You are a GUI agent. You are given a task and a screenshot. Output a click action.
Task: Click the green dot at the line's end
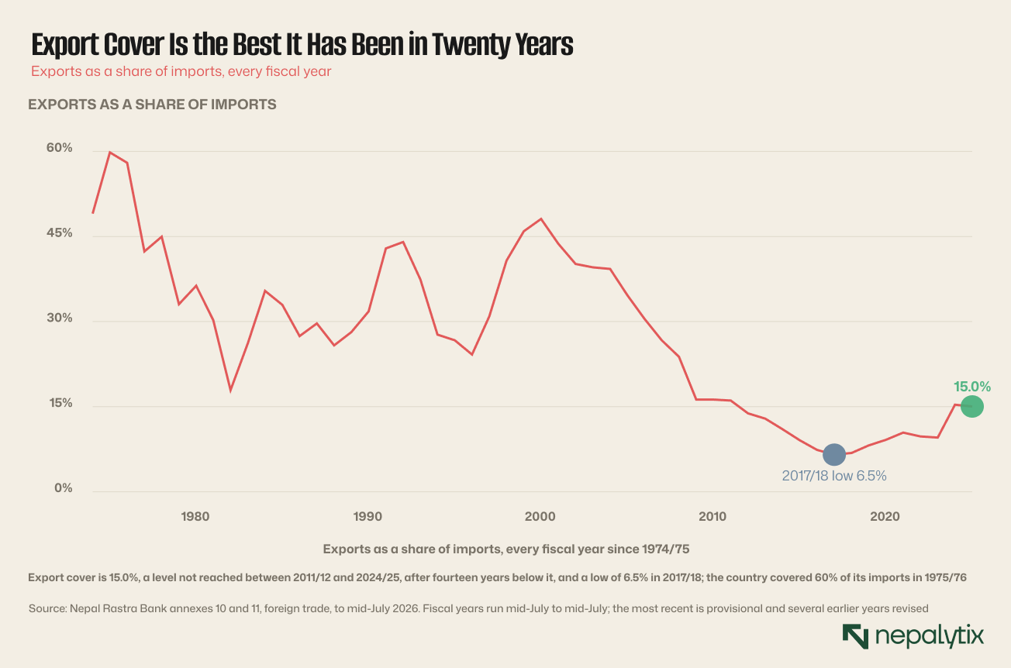pos(971,406)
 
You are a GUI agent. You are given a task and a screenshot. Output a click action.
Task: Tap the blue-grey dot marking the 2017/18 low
pos(834,455)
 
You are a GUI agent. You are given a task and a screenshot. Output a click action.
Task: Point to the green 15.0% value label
pos(971,387)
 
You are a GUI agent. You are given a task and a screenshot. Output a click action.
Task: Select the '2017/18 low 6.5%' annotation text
pos(834,476)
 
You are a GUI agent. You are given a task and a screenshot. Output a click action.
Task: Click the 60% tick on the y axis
pos(59,148)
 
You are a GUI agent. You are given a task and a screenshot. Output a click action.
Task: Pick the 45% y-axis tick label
pos(59,233)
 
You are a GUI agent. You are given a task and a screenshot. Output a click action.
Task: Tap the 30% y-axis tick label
pos(59,318)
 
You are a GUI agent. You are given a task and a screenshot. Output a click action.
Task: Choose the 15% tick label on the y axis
pos(60,403)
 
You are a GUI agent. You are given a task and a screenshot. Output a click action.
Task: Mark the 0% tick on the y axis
pos(64,488)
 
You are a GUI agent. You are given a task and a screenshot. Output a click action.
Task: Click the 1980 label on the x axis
pos(195,517)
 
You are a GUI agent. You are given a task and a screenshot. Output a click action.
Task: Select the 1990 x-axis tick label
pos(367,517)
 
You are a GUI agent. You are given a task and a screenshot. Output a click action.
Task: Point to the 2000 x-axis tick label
pos(540,517)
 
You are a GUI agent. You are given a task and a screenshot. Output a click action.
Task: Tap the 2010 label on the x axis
pos(713,517)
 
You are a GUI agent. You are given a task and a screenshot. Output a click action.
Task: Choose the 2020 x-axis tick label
pos(885,517)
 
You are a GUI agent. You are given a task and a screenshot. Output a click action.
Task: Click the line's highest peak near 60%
pos(109,152)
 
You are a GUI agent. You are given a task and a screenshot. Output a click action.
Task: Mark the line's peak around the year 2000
pos(540,219)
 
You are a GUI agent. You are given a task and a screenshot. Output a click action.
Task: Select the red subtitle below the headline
pos(181,71)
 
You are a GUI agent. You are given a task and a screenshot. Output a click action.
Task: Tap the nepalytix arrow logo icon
pos(855,636)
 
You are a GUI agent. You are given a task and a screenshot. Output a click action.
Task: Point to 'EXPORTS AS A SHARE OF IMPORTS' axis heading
pos(152,105)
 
